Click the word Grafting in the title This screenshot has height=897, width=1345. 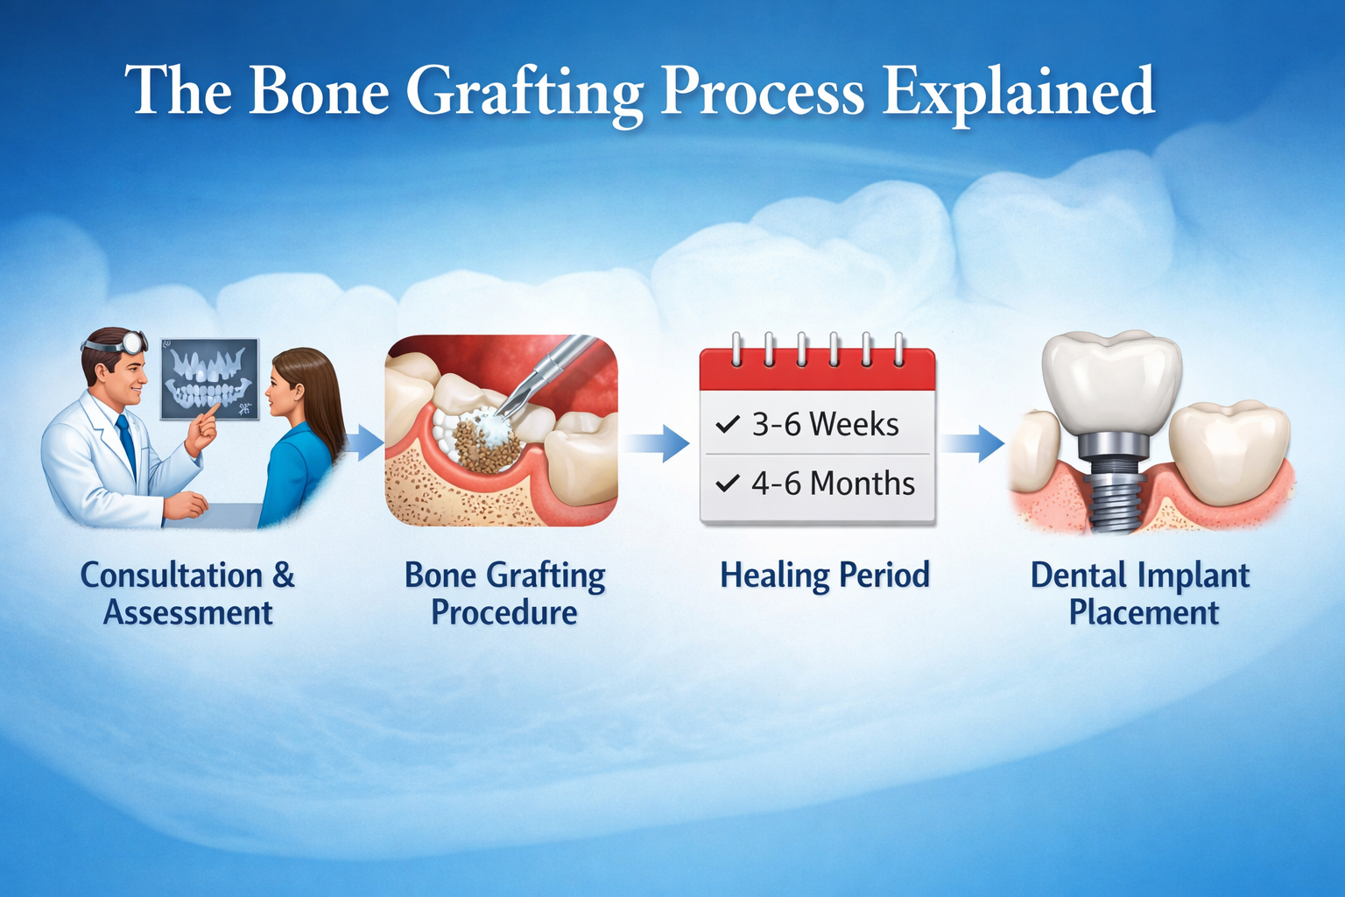(x=525, y=92)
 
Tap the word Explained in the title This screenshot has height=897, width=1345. (x=1018, y=92)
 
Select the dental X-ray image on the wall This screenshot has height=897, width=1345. (x=209, y=379)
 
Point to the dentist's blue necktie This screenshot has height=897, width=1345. (x=127, y=442)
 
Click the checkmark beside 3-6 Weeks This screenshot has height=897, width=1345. (x=728, y=425)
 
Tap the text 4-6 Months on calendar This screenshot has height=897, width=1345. (x=832, y=484)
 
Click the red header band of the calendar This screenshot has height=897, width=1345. (x=817, y=372)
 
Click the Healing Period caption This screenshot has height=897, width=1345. (x=824, y=576)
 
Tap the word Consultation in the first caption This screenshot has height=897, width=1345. (x=172, y=576)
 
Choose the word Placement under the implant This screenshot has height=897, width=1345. (x=1144, y=612)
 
